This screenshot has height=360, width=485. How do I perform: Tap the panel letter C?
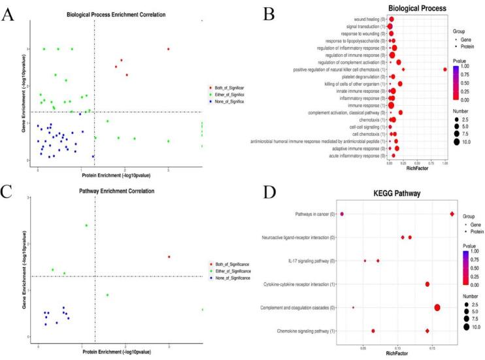pyautogui.click(x=9, y=191)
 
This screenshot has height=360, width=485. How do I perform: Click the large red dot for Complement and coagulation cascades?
pyautogui.click(x=437, y=308)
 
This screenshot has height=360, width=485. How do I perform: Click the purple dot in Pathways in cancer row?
pyautogui.click(x=342, y=214)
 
